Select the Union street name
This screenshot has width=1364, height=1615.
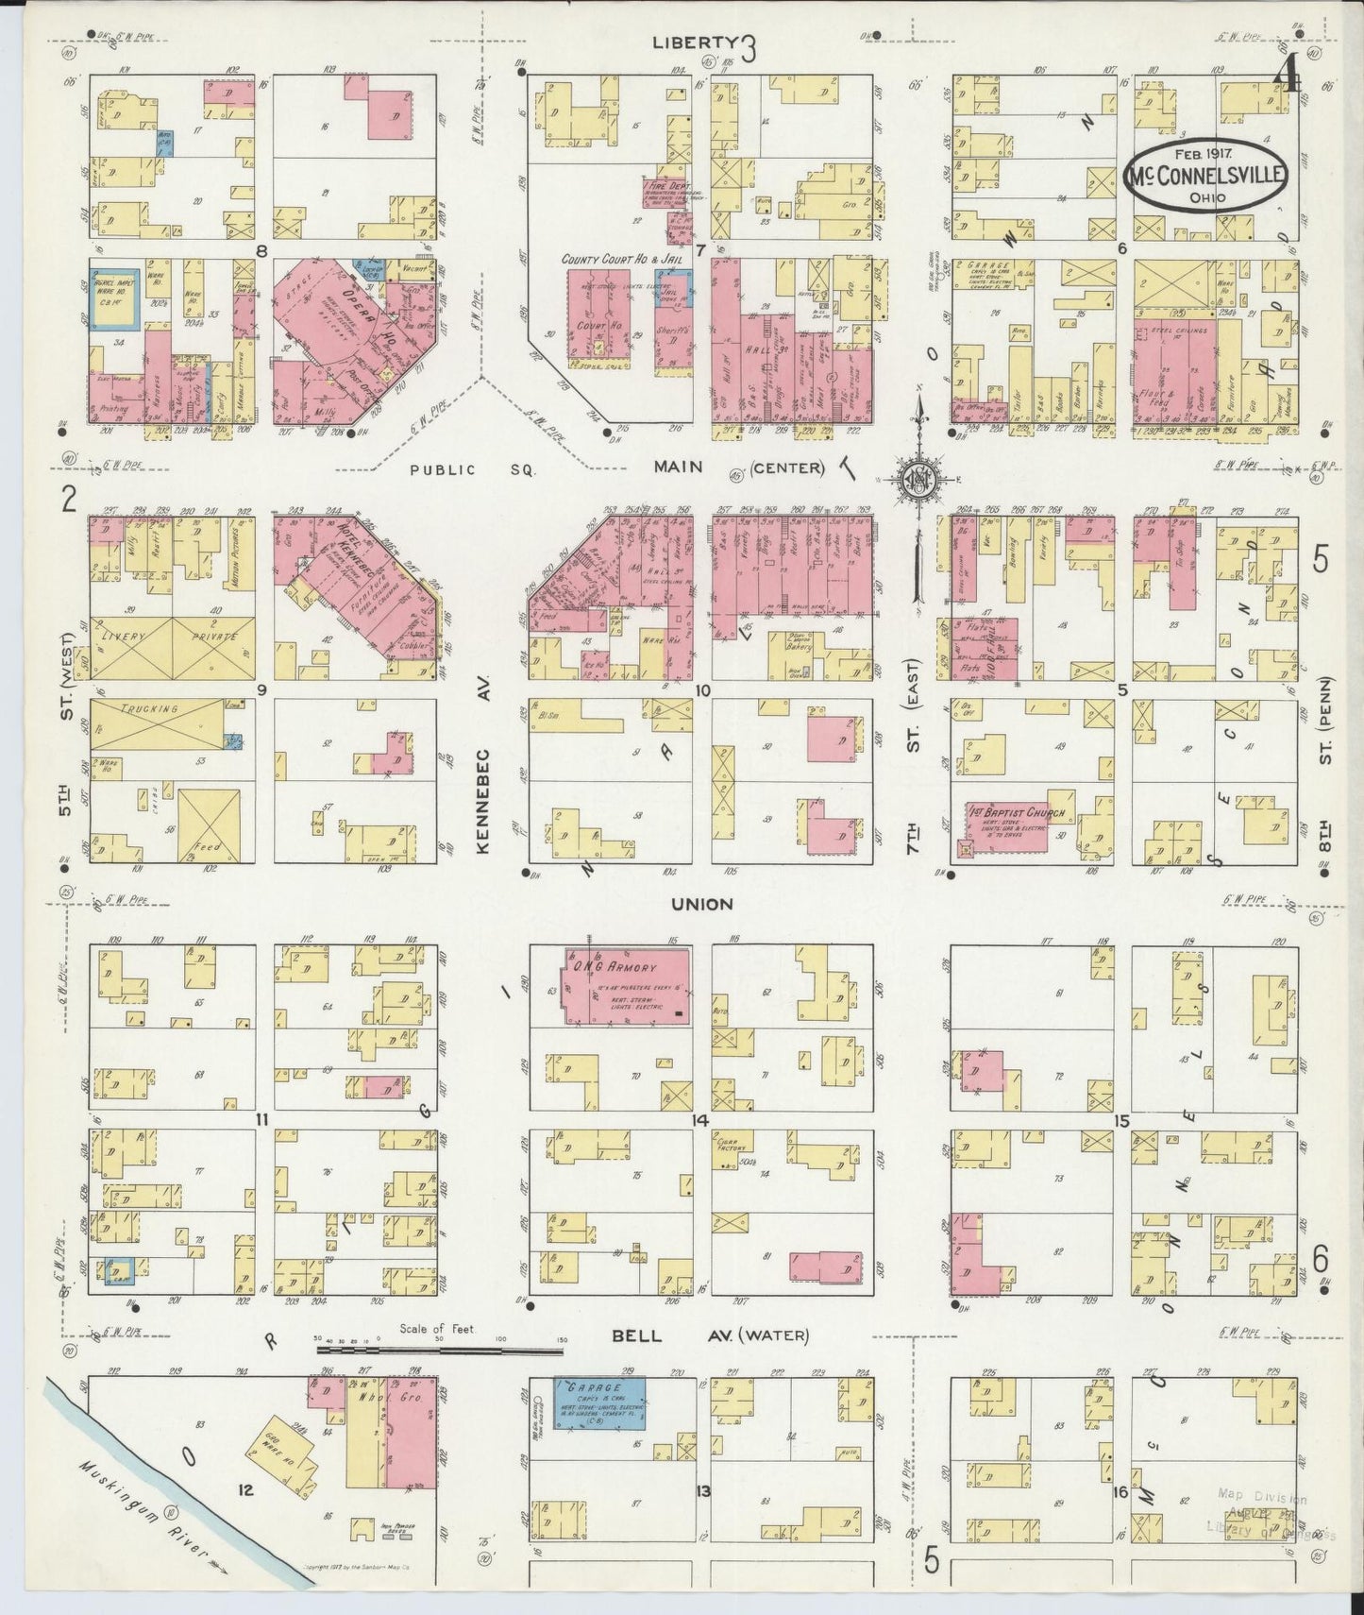click(701, 904)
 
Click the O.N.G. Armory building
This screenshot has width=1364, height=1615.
click(627, 986)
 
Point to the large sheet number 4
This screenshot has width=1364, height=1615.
click(1288, 72)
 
